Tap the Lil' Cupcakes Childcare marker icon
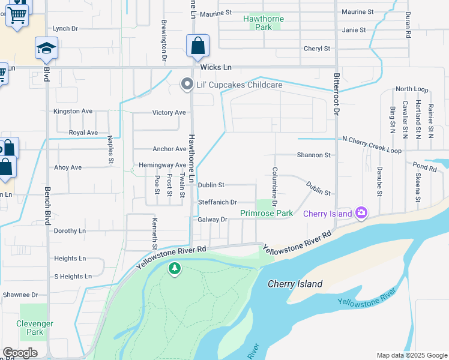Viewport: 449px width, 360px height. click(x=187, y=85)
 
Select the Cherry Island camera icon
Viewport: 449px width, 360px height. click(x=361, y=213)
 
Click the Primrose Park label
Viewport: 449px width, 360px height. click(x=267, y=213)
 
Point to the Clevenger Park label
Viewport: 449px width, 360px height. click(x=35, y=328)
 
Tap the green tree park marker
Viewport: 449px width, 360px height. click(x=174, y=269)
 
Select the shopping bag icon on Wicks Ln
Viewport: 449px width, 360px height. click(x=197, y=46)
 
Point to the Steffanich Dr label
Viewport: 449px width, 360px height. click(x=217, y=203)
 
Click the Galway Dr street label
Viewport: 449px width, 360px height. click(x=212, y=220)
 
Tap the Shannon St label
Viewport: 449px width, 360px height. click(x=313, y=155)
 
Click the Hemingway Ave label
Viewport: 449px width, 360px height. click(x=163, y=165)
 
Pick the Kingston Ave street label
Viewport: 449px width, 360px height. click(x=73, y=111)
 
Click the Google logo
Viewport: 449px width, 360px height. click(x=20, y=353)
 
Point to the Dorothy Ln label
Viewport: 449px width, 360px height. click(x=70, y=230)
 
